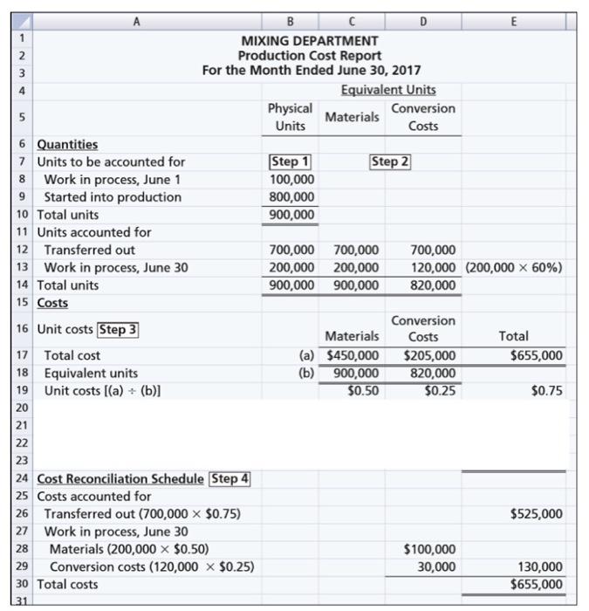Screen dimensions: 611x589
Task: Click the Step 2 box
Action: (x=391, y=161)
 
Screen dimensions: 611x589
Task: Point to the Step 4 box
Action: (x=230, y=478)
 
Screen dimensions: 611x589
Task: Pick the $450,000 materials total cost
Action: (x=353, y=355)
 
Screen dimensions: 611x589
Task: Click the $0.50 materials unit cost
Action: (x=362, y=390)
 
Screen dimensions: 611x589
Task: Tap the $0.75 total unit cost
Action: (x=546, y=390)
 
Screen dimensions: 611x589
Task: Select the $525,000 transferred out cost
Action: (x=537, y=513)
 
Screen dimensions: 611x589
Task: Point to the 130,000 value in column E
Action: (x=542, y=566)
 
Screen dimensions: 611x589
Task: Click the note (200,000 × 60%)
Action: (x=512, y=267)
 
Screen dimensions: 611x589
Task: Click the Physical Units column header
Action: (x=290, y=116)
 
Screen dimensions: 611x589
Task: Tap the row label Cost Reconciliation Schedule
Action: (x=121, y=478)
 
